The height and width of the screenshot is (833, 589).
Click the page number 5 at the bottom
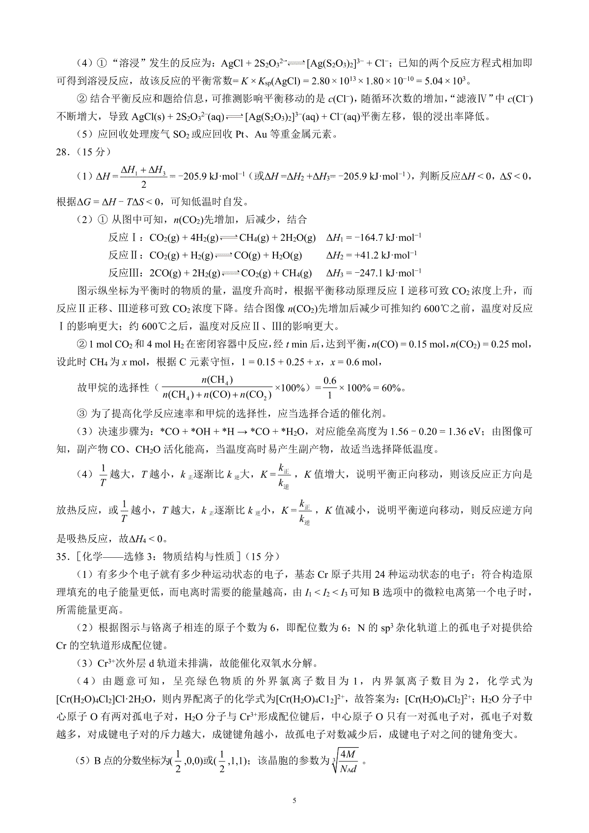pos(294,801)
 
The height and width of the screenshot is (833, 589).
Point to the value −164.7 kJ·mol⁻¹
pos(374,238)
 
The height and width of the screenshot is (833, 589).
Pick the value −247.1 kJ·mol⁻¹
pos(374,273)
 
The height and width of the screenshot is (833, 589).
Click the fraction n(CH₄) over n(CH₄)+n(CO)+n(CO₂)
pos(217,388)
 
